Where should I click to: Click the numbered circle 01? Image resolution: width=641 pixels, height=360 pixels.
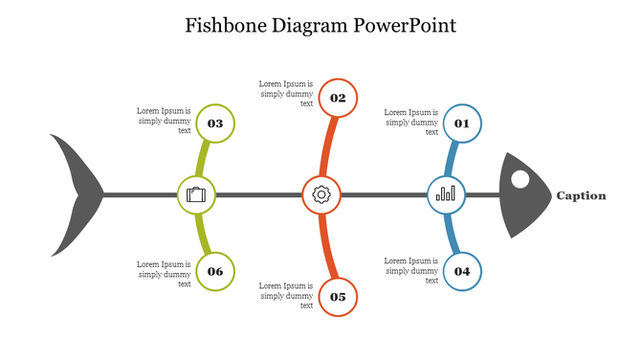pyautogui.click(x=462, y=124)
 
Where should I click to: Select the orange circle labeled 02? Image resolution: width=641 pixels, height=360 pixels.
pyautogui.click(x=338, y=98)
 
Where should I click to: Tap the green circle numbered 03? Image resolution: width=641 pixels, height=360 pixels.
pyautogui.click(x=215, y=124)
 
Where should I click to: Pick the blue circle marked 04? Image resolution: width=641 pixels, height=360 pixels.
pyautogui.click(x=462, y=271)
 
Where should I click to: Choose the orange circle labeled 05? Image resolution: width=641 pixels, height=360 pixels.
pyautogui.click(x=338, y=297)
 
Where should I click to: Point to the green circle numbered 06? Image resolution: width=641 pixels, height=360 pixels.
pyautogui.click(x=215, y=271)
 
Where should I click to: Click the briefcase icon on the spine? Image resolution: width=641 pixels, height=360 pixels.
pyautogui.click(x=197, y=195)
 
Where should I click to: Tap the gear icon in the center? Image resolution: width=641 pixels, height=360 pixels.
pyautogui.click(x=321, y=195)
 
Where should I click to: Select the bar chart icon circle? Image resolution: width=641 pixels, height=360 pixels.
pyautogui.click(x=446, y=195)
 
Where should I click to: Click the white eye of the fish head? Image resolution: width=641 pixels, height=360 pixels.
pyautogui.click(x=519, y=179)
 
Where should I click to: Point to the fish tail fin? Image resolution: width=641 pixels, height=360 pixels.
pyautogui.click(x=77, y=194)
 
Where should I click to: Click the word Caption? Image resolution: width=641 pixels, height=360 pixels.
pyautogui.click(x=581, y=195)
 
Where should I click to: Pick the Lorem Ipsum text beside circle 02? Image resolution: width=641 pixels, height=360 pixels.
pyautogui.click(x=286, y=94)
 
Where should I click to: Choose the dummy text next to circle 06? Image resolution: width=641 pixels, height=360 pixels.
pyautogui.click(x=164, y=274)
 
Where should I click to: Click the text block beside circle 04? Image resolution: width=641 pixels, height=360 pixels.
pyautogui.click(x=411, y=270)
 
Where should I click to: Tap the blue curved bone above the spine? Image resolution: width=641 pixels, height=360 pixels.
pyautogui.click(x=452, y=158)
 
